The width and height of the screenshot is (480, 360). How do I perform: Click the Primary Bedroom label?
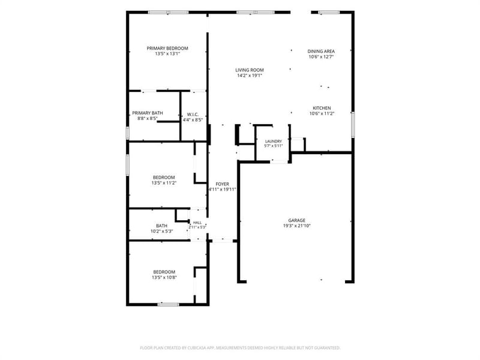[167, 49]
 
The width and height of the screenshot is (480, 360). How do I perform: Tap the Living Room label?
[250, 70]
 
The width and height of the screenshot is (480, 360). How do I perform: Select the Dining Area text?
[321, 52]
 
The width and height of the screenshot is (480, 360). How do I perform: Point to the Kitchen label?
[322, 108]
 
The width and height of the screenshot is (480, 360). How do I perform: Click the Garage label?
[296, 220]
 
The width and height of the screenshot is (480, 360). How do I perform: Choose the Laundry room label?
[274, 142]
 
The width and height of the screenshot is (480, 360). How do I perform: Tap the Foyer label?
[222, 184]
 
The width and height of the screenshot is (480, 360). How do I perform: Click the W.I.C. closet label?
[193, 115]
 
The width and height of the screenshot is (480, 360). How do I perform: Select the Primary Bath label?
[148, 113]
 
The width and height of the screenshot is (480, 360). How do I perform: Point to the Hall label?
[197, 223]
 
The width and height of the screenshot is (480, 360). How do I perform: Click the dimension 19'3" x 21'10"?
[297, 226]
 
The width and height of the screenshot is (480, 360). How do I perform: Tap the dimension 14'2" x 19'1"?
[250, 76]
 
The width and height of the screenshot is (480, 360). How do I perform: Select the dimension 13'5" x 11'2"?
[164, 183]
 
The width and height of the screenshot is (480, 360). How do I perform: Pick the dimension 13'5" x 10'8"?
[164, 278]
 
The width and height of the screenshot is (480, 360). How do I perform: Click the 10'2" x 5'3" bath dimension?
[161, 232]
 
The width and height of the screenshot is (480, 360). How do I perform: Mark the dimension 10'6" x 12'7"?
[321, 57]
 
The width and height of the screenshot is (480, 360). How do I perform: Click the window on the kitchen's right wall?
[353, 125]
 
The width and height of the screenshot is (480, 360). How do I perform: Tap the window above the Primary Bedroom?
[169, 13]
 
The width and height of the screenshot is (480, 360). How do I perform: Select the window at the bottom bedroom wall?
[169, 305]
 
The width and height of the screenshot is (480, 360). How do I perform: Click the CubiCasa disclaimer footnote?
[240, 348]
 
